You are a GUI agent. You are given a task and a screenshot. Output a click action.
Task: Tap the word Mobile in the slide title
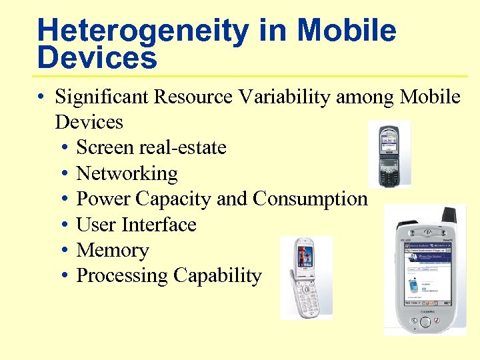click(347, 30)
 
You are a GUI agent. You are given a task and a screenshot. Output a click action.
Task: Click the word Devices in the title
click(97, 58)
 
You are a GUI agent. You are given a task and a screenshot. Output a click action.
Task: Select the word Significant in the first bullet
click(102, 97)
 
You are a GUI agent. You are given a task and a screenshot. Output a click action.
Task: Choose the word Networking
click(127, 173)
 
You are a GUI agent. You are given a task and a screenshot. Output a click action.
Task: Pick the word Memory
click(113, 250)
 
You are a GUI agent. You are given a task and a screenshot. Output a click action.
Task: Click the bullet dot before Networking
click(65, 173)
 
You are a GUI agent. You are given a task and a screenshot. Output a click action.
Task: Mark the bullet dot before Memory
click(65, 250)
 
